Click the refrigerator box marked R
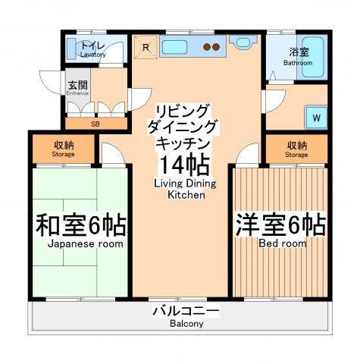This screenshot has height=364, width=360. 146,47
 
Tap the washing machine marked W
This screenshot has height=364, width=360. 316,118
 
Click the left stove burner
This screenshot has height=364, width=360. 208,47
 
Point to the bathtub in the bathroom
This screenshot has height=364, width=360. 313,58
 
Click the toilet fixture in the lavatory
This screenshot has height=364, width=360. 71,49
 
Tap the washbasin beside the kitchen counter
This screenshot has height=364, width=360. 243,42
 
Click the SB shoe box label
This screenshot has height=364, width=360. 95,124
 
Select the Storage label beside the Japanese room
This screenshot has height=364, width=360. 63,154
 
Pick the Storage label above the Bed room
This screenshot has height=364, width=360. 296,155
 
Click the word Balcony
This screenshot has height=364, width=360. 186,324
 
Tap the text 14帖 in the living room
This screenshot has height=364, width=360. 184,165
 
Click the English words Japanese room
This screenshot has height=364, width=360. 86,244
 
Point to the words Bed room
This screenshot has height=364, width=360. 283,243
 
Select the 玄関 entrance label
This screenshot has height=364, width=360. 78,85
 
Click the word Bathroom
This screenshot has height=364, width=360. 298,63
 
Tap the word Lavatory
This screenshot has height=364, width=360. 93,55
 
